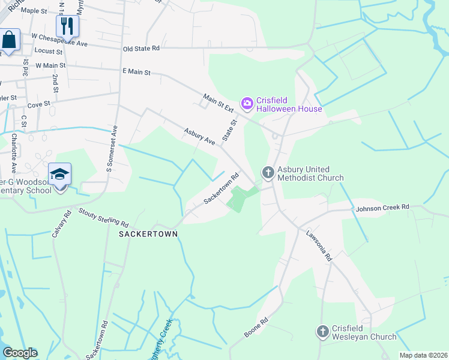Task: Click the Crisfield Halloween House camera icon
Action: pyautogui.click(x=247, y=104)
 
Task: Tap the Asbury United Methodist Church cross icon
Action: pyautogui.click(x=268, y=173)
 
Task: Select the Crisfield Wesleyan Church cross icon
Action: pyautogui.click(x=323, y=331)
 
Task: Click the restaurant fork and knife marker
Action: pyautogui.click(x=67, y=26)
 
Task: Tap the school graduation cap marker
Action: pyautogui.click(x=60, y=175)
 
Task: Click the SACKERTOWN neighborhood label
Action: pyautogui.click(x=148, y=234)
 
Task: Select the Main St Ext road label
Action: pyautogui.click(x=218, y=102)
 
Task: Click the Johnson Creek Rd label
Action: pyautogui.click(x=382, y=208)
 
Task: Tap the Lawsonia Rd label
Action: pyautogui.click(x=319, y=246)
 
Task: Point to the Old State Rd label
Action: pyautogui.click(x=141, y=48)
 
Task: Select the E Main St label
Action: pyautogui.click(x=136, y=71)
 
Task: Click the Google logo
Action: pyautogui.click(x=20, y=353)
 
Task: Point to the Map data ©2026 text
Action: pyautogui.click(x=423, y=355)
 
